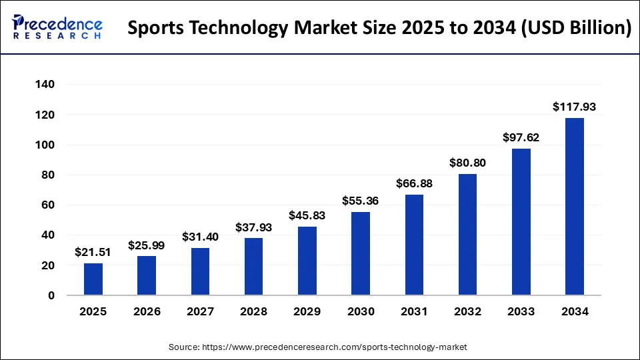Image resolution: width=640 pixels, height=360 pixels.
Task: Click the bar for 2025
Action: [x=93, y=279]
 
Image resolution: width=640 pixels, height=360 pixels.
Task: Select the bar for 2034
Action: [x=575, y=207]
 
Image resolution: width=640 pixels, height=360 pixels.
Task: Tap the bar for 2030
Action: [x=361, y=253]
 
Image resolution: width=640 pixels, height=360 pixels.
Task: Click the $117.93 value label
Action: [x=575, y=107]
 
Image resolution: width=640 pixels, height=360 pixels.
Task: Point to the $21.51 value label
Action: [x=93, y=251]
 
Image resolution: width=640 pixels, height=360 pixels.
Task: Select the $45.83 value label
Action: [x=307, y=215]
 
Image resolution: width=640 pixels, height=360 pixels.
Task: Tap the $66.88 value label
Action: [x=414, y=183]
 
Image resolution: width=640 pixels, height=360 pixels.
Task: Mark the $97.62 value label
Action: [x=521, y=137]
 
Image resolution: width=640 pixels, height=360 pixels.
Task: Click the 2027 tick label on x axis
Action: [x=200, y=311]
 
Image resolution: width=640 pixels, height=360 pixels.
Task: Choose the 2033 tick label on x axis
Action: [x=521, y=311]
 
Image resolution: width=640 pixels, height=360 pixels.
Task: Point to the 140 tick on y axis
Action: [x=46, y=85]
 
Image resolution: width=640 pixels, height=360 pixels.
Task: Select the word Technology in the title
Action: [x=243, y=29]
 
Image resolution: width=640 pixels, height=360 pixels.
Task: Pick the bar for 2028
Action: [x=254, y=267]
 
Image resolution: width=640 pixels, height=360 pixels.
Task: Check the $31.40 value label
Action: [x=200, y=237]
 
